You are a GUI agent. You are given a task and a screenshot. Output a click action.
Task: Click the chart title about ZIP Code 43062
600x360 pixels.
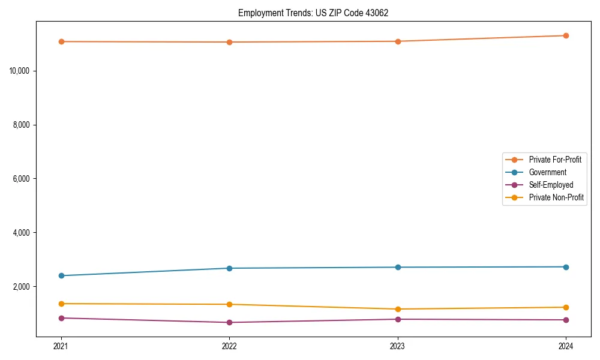coord(313,13)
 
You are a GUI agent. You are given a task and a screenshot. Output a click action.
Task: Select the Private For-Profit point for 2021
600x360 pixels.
coord(61,41)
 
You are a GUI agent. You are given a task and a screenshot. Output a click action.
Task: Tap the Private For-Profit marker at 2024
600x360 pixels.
coord(566,35)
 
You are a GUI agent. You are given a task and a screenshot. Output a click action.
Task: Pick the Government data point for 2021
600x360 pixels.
coord(61,275)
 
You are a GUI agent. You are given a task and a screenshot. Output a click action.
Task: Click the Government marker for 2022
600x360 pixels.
coord(229,268)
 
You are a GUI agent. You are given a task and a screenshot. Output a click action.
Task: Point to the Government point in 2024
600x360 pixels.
coord(566,267)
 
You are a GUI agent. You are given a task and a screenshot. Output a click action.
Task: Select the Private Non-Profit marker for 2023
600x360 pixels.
coord(398,309)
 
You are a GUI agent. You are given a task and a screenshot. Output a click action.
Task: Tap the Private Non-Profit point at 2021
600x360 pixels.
coord(61,304)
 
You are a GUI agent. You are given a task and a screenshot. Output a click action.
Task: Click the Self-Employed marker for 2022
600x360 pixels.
coord(229,322)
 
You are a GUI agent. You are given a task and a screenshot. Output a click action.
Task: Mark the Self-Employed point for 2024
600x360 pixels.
coord(566,320)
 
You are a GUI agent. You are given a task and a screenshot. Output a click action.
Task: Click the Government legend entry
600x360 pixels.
coord(547,172)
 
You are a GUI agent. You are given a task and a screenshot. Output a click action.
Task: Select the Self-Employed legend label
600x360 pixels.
coord(551,185)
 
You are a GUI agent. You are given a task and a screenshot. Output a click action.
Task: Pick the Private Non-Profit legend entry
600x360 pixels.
coord(556,197)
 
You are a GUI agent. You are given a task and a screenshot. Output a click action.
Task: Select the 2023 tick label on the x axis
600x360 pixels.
coord(398,346)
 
